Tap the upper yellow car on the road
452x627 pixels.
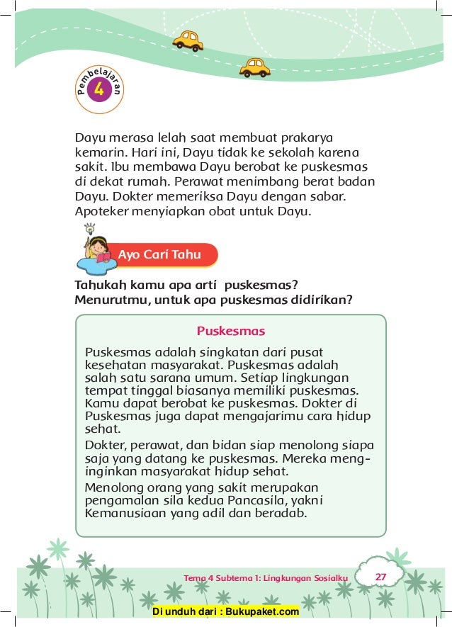click(x=188, y=40)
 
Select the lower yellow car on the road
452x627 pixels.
click(x=254, y=67)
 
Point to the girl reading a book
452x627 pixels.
click(x=97, y=252)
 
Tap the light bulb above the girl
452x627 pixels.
click(x=89, y=229)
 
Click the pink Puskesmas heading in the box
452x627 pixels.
click(x=230, y=331)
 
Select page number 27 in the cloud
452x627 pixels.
click(x=380, y=577)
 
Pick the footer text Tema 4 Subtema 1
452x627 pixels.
click(x=266, y=578)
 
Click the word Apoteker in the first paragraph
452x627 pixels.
click(x=101, y=211)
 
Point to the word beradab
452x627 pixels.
click(x=282, y=513)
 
